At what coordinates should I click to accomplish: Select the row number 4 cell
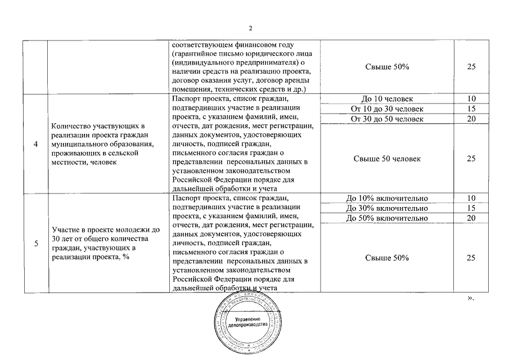[36, 144]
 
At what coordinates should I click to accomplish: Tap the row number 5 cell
[36, 244]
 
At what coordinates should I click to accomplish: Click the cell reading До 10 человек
[386, 99]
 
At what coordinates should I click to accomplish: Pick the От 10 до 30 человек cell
[386, 109]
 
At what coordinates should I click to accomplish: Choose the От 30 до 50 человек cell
[386, 119]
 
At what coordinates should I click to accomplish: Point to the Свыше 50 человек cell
[386, 159]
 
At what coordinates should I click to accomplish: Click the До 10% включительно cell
[386, 198]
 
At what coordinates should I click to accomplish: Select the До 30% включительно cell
[386, 208]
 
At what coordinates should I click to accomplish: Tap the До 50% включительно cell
[386, 218]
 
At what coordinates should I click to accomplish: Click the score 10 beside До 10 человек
[471, 99]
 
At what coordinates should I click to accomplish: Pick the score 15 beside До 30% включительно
[471, 208]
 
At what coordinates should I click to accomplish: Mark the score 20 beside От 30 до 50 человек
[471, 119]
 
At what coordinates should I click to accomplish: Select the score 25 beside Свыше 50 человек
[471, 159]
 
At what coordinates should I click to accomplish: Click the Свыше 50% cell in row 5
[386, 258]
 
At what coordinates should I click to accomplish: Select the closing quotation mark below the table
[471, 299]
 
